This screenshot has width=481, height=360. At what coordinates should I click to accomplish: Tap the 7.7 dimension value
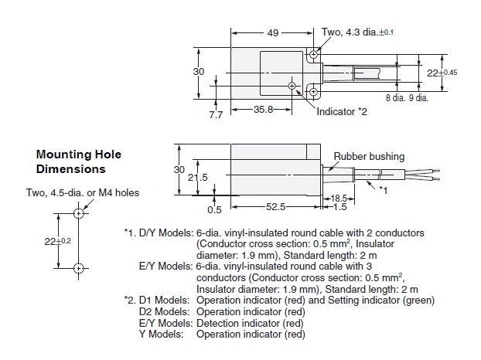coord(216,115)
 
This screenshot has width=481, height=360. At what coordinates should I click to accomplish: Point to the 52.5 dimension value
coord(277,208)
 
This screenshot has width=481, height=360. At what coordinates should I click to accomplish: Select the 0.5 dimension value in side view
coord(214,208)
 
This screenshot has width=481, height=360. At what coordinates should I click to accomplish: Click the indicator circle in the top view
coord(292,86)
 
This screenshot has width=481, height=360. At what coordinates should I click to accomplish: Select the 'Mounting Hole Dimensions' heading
coord(78,161)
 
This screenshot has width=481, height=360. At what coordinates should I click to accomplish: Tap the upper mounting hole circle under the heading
coord(79,212)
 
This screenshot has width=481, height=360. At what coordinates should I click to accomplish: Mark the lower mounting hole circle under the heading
coord(79,268)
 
